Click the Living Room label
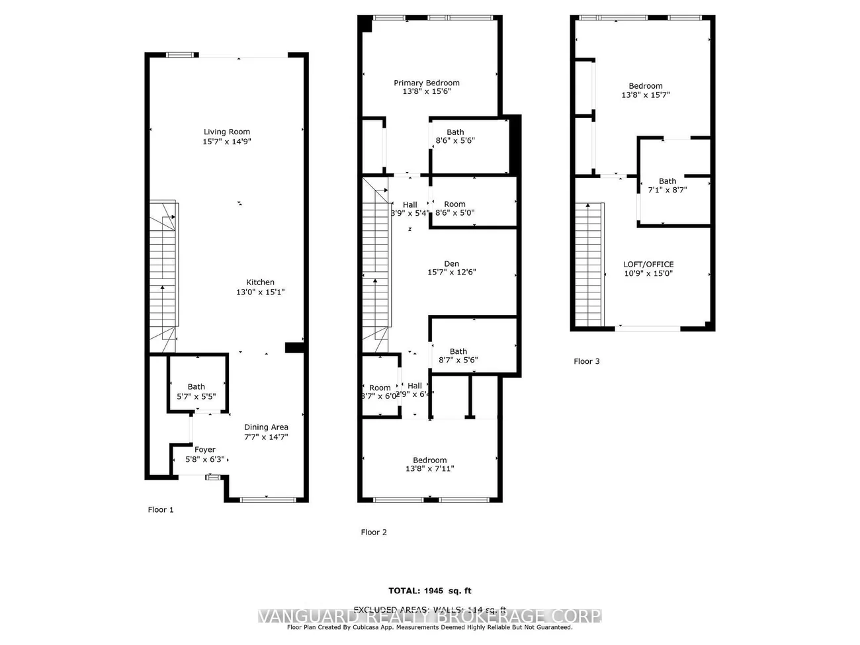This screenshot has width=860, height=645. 227,132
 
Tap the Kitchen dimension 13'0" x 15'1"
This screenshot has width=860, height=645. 260,292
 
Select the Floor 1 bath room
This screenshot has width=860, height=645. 196,391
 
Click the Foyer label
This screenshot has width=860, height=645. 204,450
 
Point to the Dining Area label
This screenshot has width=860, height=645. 266,427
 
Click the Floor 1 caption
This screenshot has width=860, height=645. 160,510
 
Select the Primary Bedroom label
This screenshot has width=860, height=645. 427,83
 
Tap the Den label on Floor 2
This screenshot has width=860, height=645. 452,264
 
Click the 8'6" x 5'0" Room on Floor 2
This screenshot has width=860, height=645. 454,208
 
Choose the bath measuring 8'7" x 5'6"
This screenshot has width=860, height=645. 458,356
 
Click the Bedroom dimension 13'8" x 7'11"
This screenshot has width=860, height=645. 430,469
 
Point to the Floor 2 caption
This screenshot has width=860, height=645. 374,533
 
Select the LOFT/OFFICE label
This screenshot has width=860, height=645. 648,264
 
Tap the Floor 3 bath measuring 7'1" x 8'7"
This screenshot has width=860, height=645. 667,185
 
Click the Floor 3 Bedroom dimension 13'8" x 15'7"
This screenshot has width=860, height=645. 646,95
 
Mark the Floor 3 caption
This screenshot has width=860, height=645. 587,361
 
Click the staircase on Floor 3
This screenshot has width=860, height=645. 588,265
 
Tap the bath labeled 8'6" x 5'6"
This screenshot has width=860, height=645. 455,136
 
